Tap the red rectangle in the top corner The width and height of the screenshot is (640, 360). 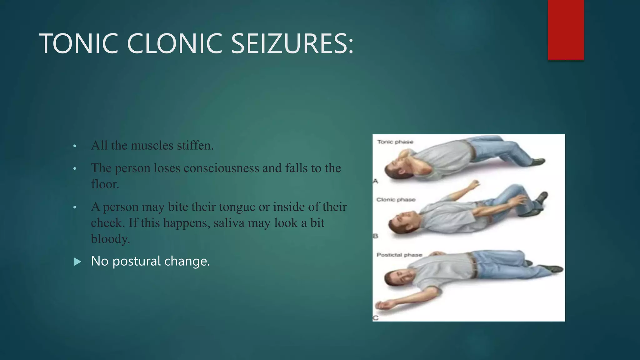pyautogui.click(x=566, y=30)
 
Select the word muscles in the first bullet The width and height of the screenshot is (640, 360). pyautogui.click(x=152, y=146)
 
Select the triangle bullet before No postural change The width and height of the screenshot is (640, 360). pyautogui.click(x=77, y=262)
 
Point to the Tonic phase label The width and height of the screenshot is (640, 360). pyautogui.click(x=395, y=142)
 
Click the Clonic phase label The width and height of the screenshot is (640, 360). pyautogui.click(x=396, y=200)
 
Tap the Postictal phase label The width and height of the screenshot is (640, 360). pyautogui.click(x=399, y=255)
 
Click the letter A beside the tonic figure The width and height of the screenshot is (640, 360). pyautogui.click(x=375, y=181)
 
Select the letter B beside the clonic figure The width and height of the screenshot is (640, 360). pyautogui.click(x=375, y=236)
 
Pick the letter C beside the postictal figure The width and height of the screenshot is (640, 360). pyautogui.click(x=375, y=318)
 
